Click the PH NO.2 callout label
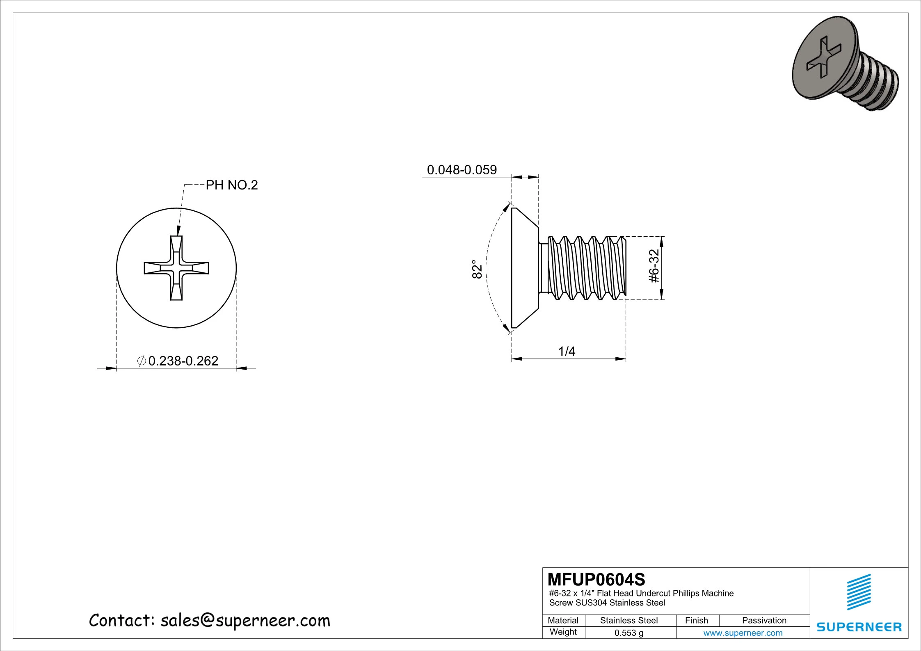(x=231, y=185)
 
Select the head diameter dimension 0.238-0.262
(x=183, y=361)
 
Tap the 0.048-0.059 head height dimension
(x=462, y=170)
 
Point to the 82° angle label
(x=476, y=269)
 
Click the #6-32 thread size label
(x=654, y=267)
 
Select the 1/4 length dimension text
(x=567, y=351)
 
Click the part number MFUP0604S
(x=596, y=580)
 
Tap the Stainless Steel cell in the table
(x=628, y=621)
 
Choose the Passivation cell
(x=764, y=621)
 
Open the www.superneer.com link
(x=743, y=633)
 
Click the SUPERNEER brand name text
(x=859, y=627)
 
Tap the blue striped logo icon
(x=859, y=592)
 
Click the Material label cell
(x=563, y=621)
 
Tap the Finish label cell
(x=696, y=621)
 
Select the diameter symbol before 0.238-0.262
(x=141, y=361)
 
